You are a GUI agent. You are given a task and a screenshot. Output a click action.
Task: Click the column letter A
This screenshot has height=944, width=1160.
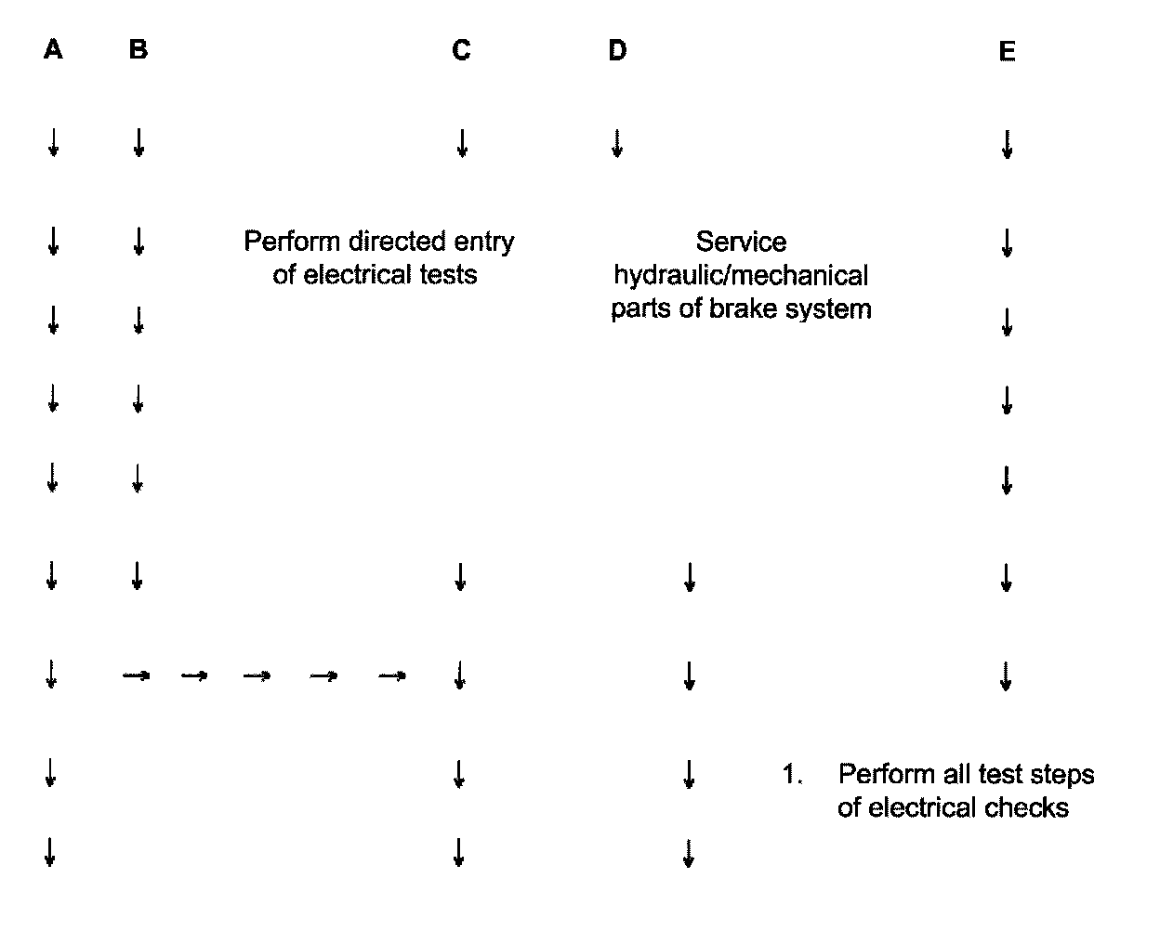point(53,49)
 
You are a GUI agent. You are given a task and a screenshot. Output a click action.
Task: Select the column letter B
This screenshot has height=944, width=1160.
point(138,49)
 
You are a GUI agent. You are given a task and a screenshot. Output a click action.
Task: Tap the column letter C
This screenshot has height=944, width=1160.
point(461,50)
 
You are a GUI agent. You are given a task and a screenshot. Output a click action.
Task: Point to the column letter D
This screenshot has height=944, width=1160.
point(618,50)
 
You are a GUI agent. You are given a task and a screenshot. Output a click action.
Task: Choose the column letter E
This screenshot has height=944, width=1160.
point(1007,52)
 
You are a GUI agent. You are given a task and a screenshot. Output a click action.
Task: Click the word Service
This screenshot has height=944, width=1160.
point(741,243)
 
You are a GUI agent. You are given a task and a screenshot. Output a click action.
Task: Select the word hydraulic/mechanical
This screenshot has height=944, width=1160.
point(741,276)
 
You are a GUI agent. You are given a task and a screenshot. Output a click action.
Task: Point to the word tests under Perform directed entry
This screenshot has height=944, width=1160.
point(446,275)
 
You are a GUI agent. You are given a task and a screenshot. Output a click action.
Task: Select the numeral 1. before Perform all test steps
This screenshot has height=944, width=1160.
point(792,774)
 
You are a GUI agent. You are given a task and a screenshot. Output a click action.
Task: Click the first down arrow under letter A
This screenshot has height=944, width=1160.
point(53,143)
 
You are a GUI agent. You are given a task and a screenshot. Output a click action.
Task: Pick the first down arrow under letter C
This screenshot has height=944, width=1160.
point(462,143)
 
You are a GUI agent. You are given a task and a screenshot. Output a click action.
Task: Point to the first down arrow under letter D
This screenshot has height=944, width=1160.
point(616,143)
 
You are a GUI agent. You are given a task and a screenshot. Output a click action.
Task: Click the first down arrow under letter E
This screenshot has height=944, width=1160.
point(1007,145)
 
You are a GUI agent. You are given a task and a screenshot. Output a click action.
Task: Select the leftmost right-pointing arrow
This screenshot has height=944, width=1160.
point(137,676)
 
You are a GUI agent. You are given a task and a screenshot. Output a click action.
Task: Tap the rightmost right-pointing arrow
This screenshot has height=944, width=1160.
point(392,676)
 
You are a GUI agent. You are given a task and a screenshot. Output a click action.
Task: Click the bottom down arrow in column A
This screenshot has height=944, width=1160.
point(50,852)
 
